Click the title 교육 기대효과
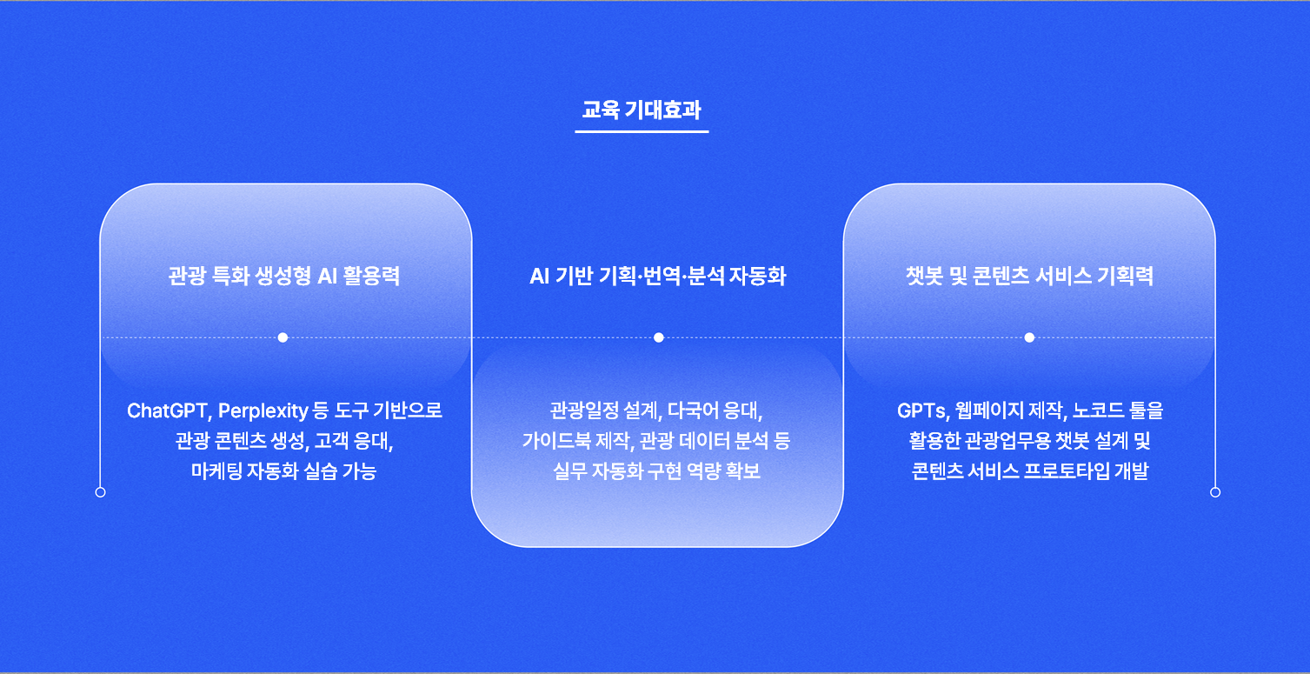(642, 110)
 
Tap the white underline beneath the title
(642, 131)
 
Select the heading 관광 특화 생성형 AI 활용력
(284, 276)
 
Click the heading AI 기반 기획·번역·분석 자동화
(658, 276)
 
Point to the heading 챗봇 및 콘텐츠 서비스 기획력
(1029, 276)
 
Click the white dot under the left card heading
(283, 337)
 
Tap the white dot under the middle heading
(659, 337)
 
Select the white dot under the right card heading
(1029, 337)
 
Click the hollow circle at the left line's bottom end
(101, 492)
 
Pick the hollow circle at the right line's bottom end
(1215, 492)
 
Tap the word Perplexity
(263, 411)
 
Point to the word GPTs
(922, 410)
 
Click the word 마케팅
(216, 471)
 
